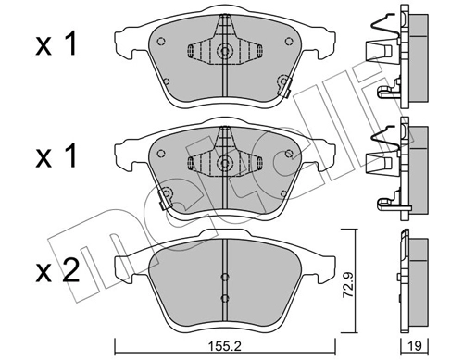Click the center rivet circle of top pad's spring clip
pos(222,53)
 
